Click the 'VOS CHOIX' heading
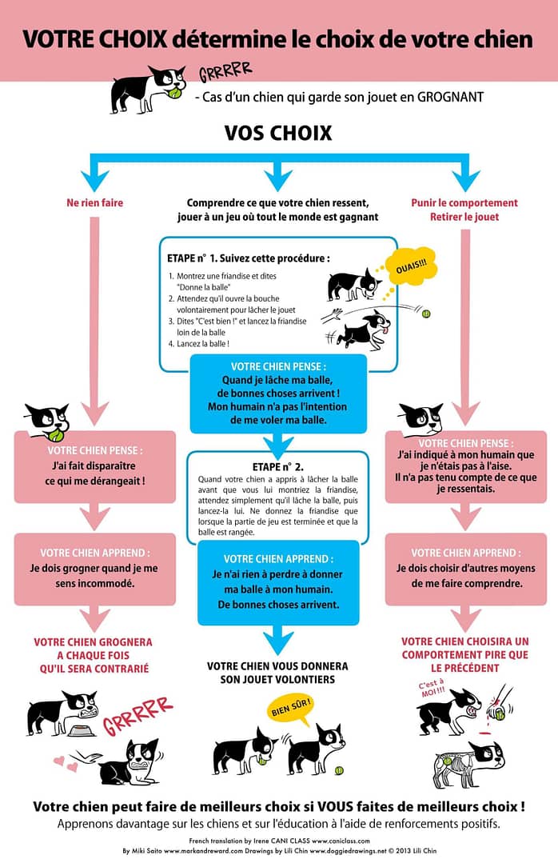[x=278, y=133]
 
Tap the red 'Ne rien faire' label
[x=94, y=202]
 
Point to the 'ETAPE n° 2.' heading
[x=278, y=467]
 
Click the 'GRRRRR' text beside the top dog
[x=225, y=71]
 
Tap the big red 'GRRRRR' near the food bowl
[x=138, y=716]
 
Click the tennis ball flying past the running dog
[x=425, y=314]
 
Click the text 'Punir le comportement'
[x=464, y=202]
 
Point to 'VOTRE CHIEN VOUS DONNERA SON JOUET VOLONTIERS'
[x=277, y=673]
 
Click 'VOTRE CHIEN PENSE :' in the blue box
[x=278, y=366]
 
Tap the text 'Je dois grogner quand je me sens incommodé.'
[x=94, y=576]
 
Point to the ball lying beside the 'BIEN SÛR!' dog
[x=340, y=771]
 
